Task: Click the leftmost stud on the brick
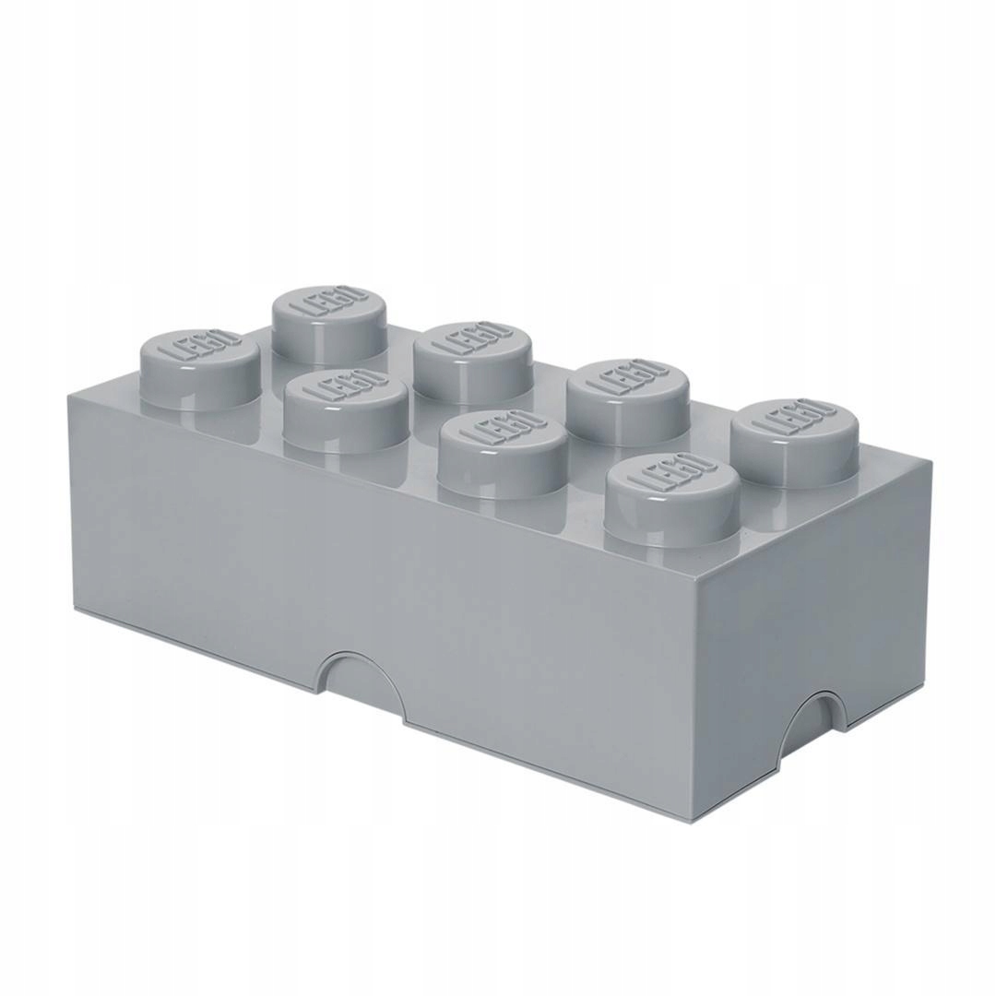pos(198,369)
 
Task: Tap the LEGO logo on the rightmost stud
pos(794,425)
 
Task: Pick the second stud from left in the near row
pos(346,415)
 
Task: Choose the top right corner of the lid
pos(931,461)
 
